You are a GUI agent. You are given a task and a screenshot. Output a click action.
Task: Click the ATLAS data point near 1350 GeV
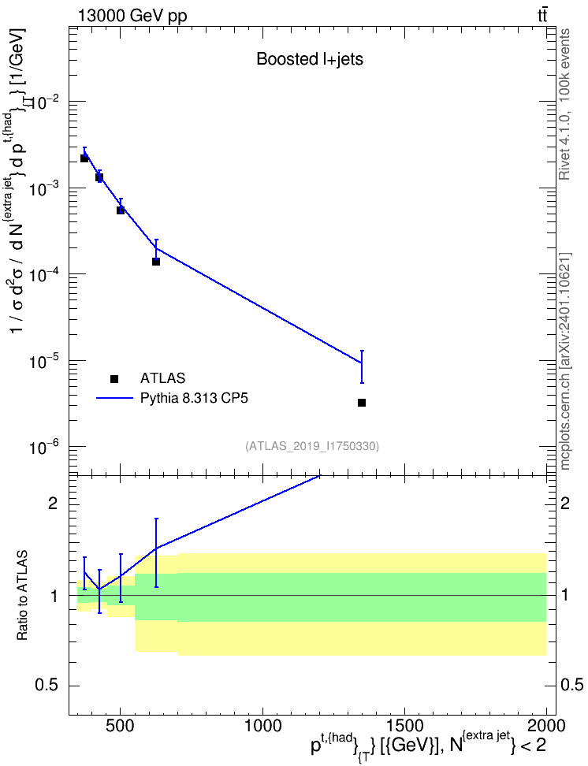(x=362, y=403)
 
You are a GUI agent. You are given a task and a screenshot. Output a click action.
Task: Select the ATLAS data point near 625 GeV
(x=156, y=262)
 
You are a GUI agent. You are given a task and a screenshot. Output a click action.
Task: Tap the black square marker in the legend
(x=114, y=378)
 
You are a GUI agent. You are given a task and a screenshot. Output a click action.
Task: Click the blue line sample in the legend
(x=114, y=398)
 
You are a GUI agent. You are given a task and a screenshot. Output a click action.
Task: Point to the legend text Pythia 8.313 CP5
(x=194, y=398)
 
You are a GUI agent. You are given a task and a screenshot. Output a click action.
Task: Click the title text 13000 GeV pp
(x=132, y=16)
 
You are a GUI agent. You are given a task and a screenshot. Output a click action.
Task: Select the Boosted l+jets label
(x=310, y=59)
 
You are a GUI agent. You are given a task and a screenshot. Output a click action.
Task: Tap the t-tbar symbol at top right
(x=542, y=15)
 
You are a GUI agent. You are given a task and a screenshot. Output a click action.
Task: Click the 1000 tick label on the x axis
(x=263, y=726)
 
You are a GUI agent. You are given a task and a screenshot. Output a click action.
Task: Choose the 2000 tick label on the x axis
(x=546, y=726)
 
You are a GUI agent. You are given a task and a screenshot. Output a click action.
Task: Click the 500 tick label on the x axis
(x=121, y=726)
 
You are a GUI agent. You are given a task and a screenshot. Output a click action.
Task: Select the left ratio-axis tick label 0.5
(x=47, y=686)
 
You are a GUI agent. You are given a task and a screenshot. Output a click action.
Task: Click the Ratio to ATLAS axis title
(x=22, y=596)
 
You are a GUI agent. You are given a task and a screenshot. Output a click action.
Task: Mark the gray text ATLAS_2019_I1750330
(x=312, y=445)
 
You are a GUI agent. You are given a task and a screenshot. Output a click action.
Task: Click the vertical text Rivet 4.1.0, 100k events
(x=564, y=105)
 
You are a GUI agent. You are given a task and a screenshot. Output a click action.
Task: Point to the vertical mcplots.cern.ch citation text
(x=564, y=362)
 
